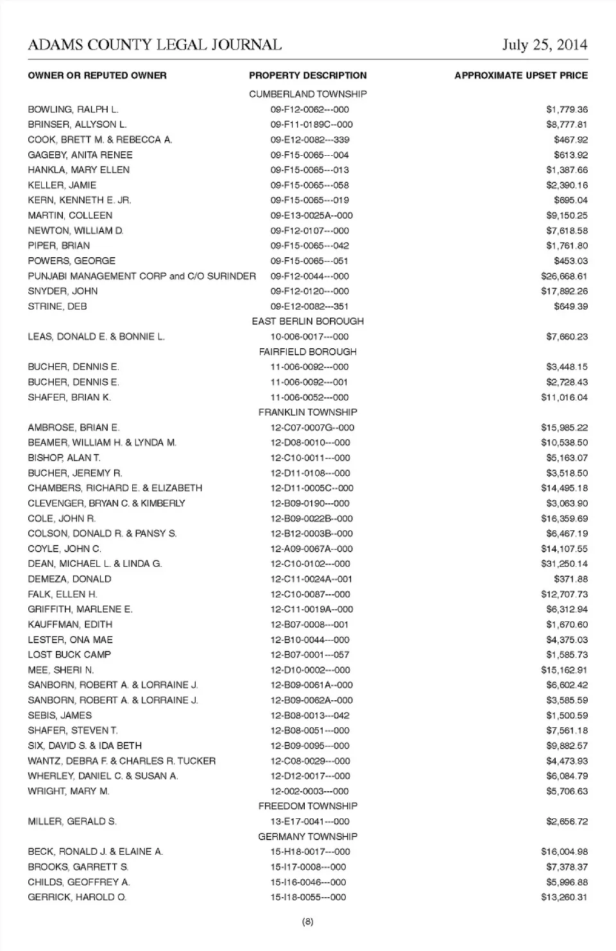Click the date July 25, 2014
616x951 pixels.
(x=544, y=45)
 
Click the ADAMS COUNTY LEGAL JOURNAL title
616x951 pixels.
(x=155, y=45)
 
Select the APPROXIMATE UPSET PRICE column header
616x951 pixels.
(x=520, y=76)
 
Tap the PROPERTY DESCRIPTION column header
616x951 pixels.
(x=308, y=76)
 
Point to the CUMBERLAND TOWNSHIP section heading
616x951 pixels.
(x=308, y=94)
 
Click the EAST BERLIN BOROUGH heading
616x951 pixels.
(x=308, y=321)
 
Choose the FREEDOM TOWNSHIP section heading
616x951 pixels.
(x=308, y=806)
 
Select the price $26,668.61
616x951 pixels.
(x=564, y=276)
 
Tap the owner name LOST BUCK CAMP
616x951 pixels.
(x=69, y=655)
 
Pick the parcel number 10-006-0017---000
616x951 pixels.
(x=309, y=337)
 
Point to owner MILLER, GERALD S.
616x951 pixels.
(x=72, y=821)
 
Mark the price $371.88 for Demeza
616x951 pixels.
(x=570, y=579)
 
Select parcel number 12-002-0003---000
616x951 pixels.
(x=309, y=791)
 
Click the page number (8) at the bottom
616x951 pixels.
(x=307, y=922)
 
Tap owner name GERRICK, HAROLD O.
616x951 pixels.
(x=77, y=897)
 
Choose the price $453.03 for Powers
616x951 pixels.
(x=570, y=261)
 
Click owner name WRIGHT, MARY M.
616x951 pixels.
(x=69, y=791)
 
